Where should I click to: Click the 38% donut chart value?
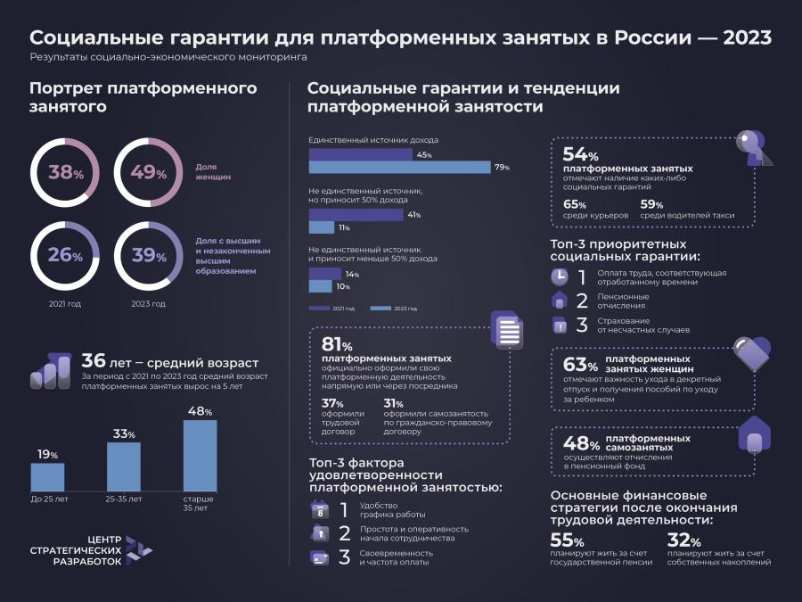(x=64, y=173)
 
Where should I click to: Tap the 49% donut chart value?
(x=148, y=173)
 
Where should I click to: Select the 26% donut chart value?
(x=64, y=256)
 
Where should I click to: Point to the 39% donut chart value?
(x=148, y=256)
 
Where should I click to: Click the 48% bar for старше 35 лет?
(x=200, y=455)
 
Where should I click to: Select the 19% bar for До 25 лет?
(x=47, y=477)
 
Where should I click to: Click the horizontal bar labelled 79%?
(x=399, y=167)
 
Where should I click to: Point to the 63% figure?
(x=580, y=365)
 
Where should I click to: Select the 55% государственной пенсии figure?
(x=567, y=541)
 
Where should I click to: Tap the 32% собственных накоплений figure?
(x=683, y=541)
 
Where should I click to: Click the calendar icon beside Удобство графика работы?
(x=319, y=510)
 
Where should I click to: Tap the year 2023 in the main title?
(x=747, y=38)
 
